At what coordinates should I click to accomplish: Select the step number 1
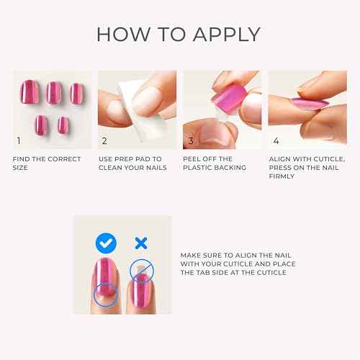pyautogui.click(x=19, y=140)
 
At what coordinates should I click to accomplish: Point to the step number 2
pyautogui.click(x=104, y=140)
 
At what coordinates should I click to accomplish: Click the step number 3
pyautogui.click(x=190, y=140)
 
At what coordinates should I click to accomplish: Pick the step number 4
pyautogui.click(x=276, y=140)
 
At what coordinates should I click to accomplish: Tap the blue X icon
pyautogui.click(x=142, y=240)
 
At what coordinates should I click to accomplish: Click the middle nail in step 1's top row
pyautogui.click(x=53, y=91)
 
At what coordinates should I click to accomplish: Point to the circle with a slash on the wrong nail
pyautogui.click(x=141, y=270)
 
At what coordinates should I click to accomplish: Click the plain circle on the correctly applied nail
pyautogui.click(x=106, y=293)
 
